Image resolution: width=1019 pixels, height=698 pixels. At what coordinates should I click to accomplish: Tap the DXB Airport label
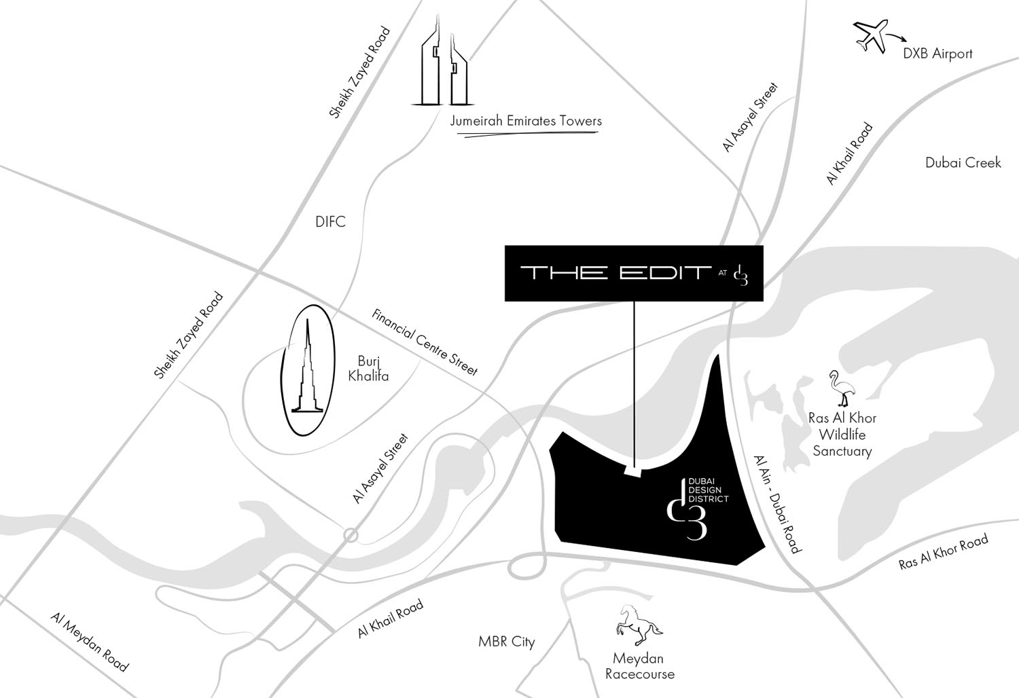pyautogui.click(x=937, y=54)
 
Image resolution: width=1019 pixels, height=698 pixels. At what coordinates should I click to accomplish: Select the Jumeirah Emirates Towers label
pyautogui.click(x=526, y=122)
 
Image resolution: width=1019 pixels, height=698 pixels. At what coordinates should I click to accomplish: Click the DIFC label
pyautogui.click(x=330, y=222)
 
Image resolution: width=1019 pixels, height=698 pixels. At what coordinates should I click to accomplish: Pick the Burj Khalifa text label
pyautogui.click(x=368, y=368)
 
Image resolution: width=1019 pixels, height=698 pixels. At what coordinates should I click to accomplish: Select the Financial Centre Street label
pyautogui.click(x=425, y=342)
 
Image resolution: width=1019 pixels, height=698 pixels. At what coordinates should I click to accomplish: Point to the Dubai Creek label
pyautogui.click(x=963, y=163)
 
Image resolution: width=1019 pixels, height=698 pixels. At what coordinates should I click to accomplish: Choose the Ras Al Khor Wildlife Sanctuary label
pyautogui.click(x=842, y=435)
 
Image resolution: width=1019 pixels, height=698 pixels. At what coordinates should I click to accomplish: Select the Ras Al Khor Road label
pyautogui.click(x=943, y=552)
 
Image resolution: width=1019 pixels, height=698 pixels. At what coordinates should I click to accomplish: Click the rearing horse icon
pyautogui.click(x=637, y=624)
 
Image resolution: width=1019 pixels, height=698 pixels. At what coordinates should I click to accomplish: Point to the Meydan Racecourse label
pyautogui.click(x=639, y=666)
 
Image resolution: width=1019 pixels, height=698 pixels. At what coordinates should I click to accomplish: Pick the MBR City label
pyautogui.click(x=506, y=642)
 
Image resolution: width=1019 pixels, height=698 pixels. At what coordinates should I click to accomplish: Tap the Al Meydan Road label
pyautogui.click(x=89, y=642)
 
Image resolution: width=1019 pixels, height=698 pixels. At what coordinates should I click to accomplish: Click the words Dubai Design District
pyautogui.click(x=708, y=490)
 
